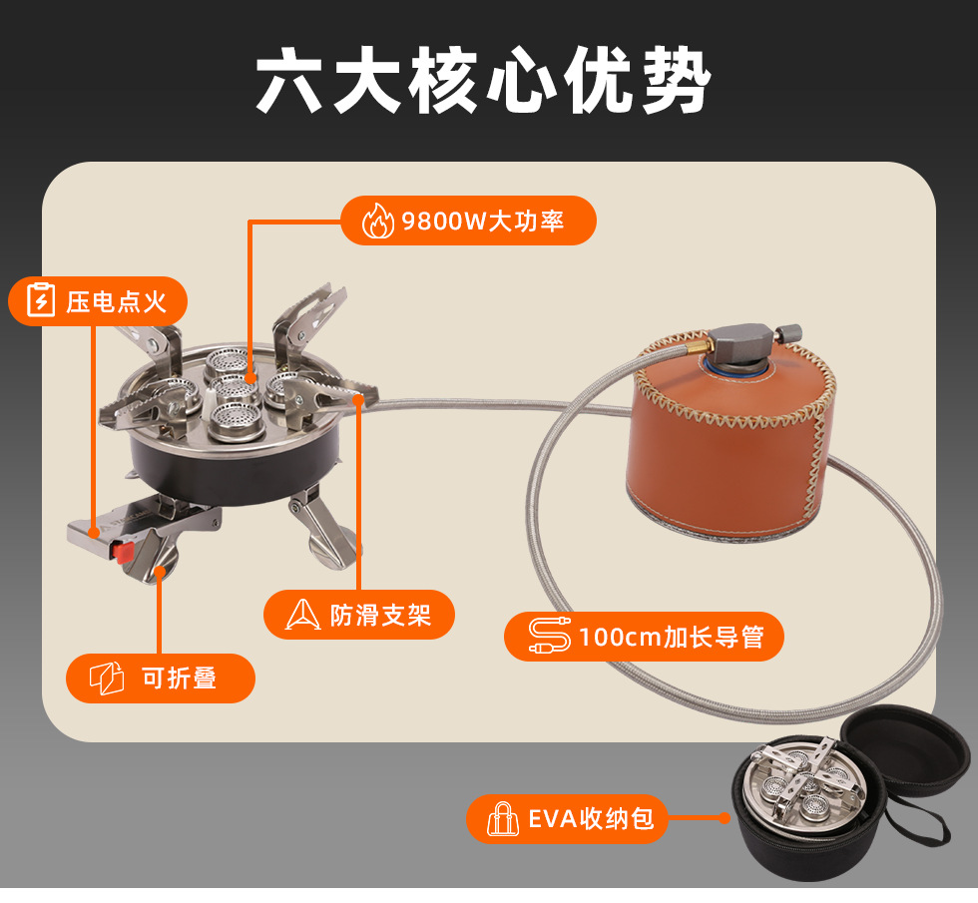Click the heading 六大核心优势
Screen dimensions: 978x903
[483, 80]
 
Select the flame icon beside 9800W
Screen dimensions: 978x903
[378, 221]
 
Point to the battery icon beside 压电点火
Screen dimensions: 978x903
[41, 300]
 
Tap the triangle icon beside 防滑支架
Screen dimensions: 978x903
[303, 615]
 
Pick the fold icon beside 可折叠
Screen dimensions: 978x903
[107, 678]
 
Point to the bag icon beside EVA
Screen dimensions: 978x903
[503, 819]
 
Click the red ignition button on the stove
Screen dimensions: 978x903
[123, 552]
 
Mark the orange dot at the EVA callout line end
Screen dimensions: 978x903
[725, 818]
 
